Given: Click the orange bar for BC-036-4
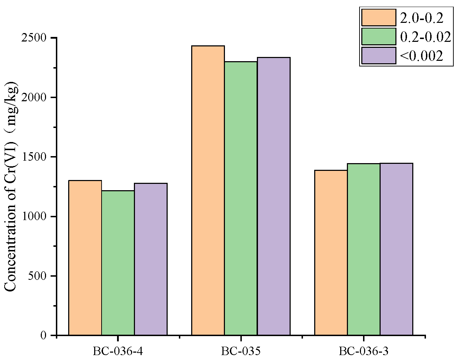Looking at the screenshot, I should coord(85,258).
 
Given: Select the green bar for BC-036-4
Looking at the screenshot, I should coord(118,263).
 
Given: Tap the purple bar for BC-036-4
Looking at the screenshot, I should coord(151,259).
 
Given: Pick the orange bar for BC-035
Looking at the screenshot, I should coord(208,190).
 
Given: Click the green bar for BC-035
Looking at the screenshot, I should coord(241,198).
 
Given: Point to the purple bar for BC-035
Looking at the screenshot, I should coord(274,196).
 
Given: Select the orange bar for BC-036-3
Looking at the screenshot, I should coord(331,252).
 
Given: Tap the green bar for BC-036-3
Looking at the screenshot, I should coord(364,249).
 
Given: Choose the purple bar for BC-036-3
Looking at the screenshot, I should coord(396,249).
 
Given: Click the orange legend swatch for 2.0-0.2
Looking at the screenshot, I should coord(379,18).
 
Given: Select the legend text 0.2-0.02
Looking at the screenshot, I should coord(425,37).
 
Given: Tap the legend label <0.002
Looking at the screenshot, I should coord(421,56).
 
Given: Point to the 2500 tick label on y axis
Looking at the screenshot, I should coord(34,38).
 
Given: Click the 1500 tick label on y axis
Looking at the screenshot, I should coord(34,157).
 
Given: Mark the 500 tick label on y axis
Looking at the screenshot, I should coord(37,276).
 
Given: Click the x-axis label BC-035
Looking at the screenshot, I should coord(241,351).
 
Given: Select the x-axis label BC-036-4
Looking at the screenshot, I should coord(118,351).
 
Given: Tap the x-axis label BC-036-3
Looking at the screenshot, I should coord(364,351).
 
